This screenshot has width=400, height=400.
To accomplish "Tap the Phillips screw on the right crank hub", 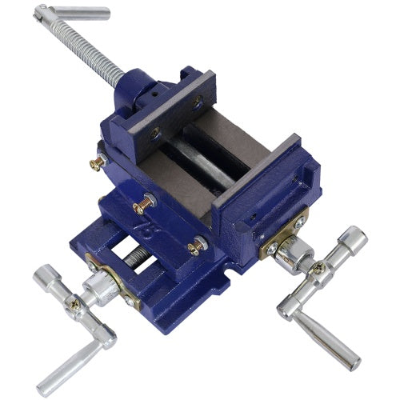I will (318, 268).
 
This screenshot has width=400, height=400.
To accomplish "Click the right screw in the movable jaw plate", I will (197, 102).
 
